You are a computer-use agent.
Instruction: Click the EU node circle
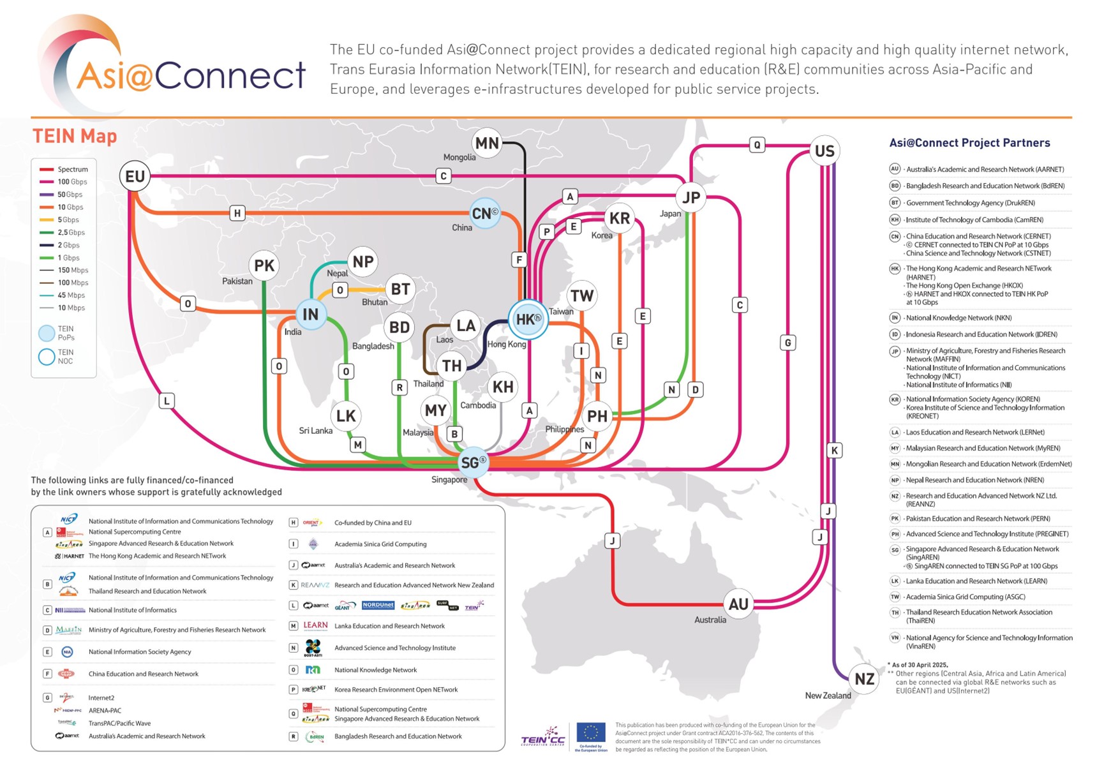135,176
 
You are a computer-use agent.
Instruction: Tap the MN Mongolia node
487,143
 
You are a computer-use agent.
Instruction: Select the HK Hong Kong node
528,319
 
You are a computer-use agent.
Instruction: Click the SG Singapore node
473,463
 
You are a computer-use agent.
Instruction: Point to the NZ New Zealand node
864,679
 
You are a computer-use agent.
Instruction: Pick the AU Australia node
738,604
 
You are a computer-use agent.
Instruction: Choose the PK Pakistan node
264,265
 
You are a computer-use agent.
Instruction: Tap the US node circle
824,151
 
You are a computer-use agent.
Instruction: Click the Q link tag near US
757,145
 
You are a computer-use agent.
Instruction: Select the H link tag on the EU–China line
237,213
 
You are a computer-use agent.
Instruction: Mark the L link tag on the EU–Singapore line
167,401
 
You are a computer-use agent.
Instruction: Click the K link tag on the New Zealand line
834,450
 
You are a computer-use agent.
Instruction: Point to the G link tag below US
788,343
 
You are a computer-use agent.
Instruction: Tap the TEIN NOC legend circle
47,357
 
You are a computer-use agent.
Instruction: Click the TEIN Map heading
75,136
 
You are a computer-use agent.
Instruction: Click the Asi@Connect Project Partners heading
969,143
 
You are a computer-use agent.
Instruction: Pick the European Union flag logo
591,733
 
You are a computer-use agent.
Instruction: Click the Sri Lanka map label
316,431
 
